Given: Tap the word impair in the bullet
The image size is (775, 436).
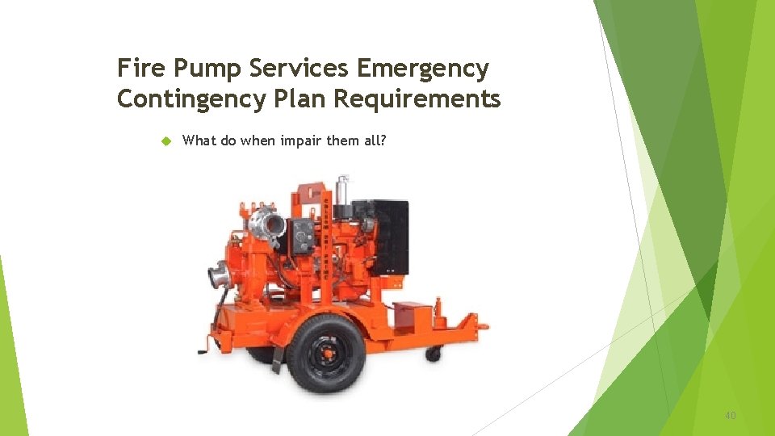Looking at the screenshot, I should click(300, 141).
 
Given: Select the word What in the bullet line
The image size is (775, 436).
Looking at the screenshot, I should click(199, 140).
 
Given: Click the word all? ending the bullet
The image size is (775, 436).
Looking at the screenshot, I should click(374, 140).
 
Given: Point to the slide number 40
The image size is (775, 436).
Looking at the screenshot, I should click(730, 416).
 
